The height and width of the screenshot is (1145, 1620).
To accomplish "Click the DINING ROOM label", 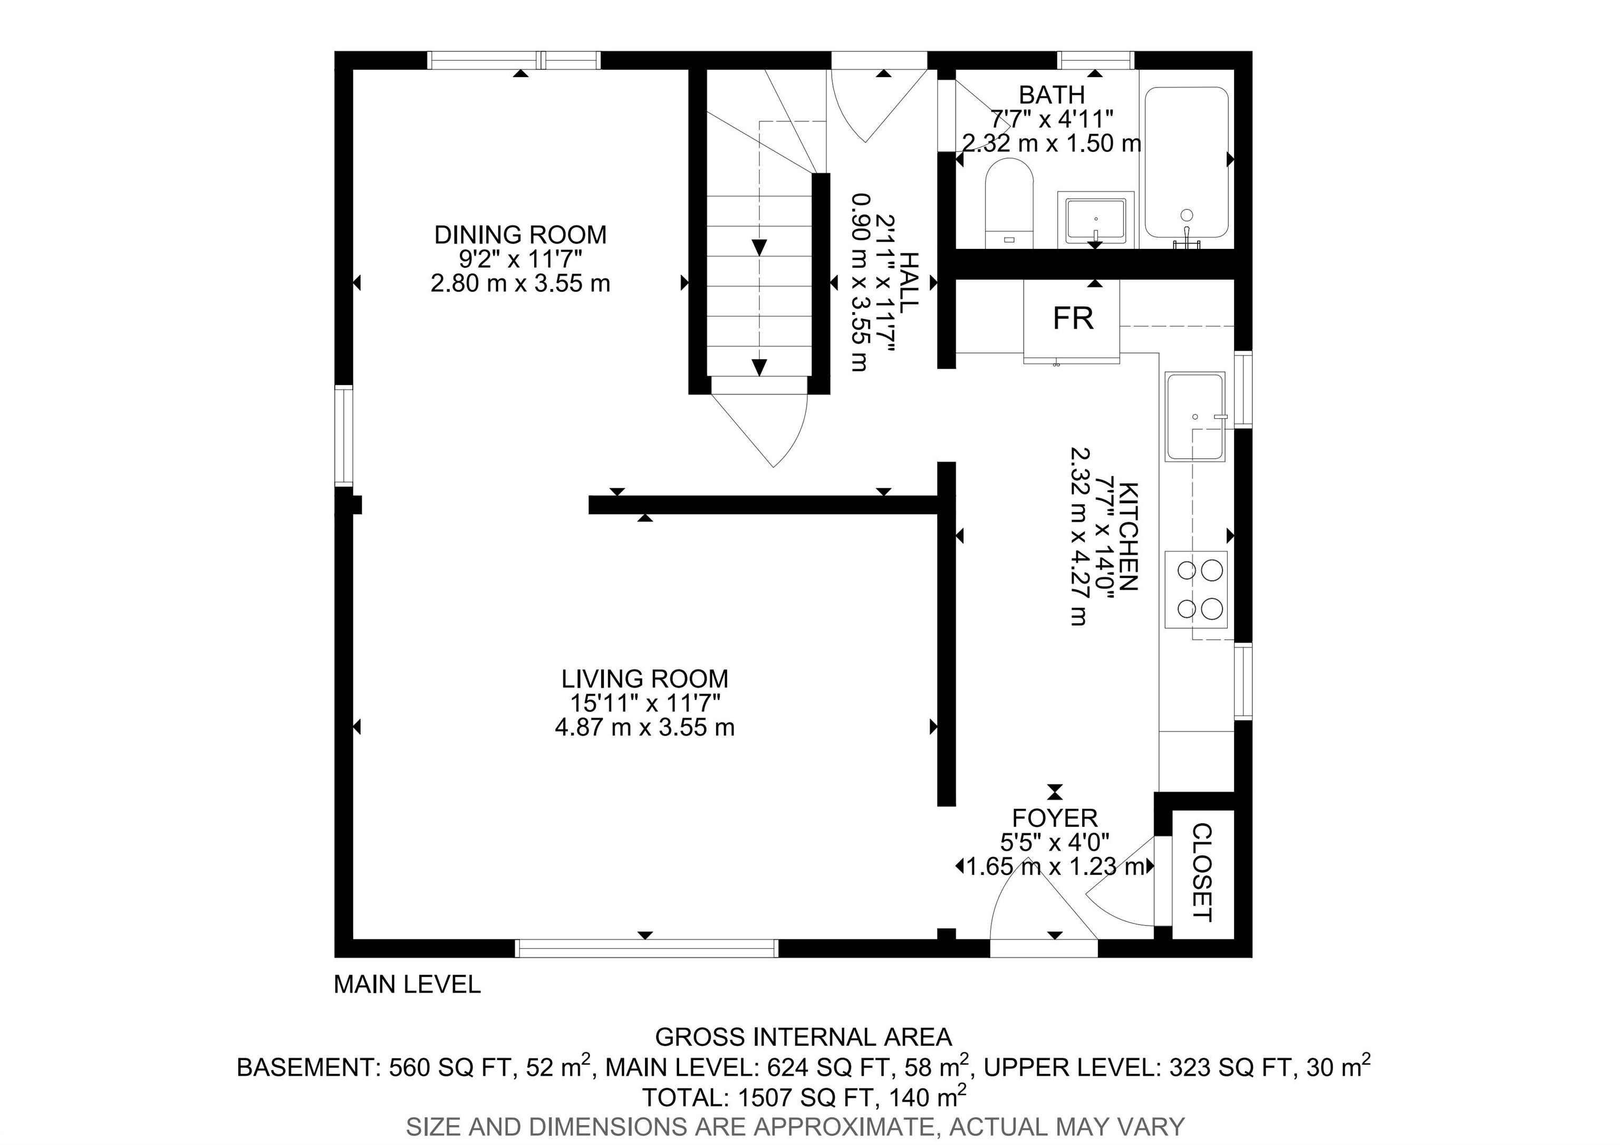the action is coord(520,234).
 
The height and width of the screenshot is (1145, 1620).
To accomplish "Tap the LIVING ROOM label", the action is coord(645,679).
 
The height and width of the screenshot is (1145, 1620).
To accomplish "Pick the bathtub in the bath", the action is coord(1187,163).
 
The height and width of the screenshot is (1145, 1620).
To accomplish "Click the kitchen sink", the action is coord(1196,418).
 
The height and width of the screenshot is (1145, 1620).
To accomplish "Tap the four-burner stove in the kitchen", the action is coord(1196,589).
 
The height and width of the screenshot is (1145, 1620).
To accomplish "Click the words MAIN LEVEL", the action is coord(407,984).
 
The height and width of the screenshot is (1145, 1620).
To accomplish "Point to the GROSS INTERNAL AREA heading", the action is coord(804,1037).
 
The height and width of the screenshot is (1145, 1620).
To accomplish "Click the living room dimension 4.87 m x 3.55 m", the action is coord(645,727).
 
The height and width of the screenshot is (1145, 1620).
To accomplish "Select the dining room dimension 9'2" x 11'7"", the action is coord(520,259).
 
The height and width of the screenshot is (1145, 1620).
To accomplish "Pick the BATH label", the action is coord(1052,94).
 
